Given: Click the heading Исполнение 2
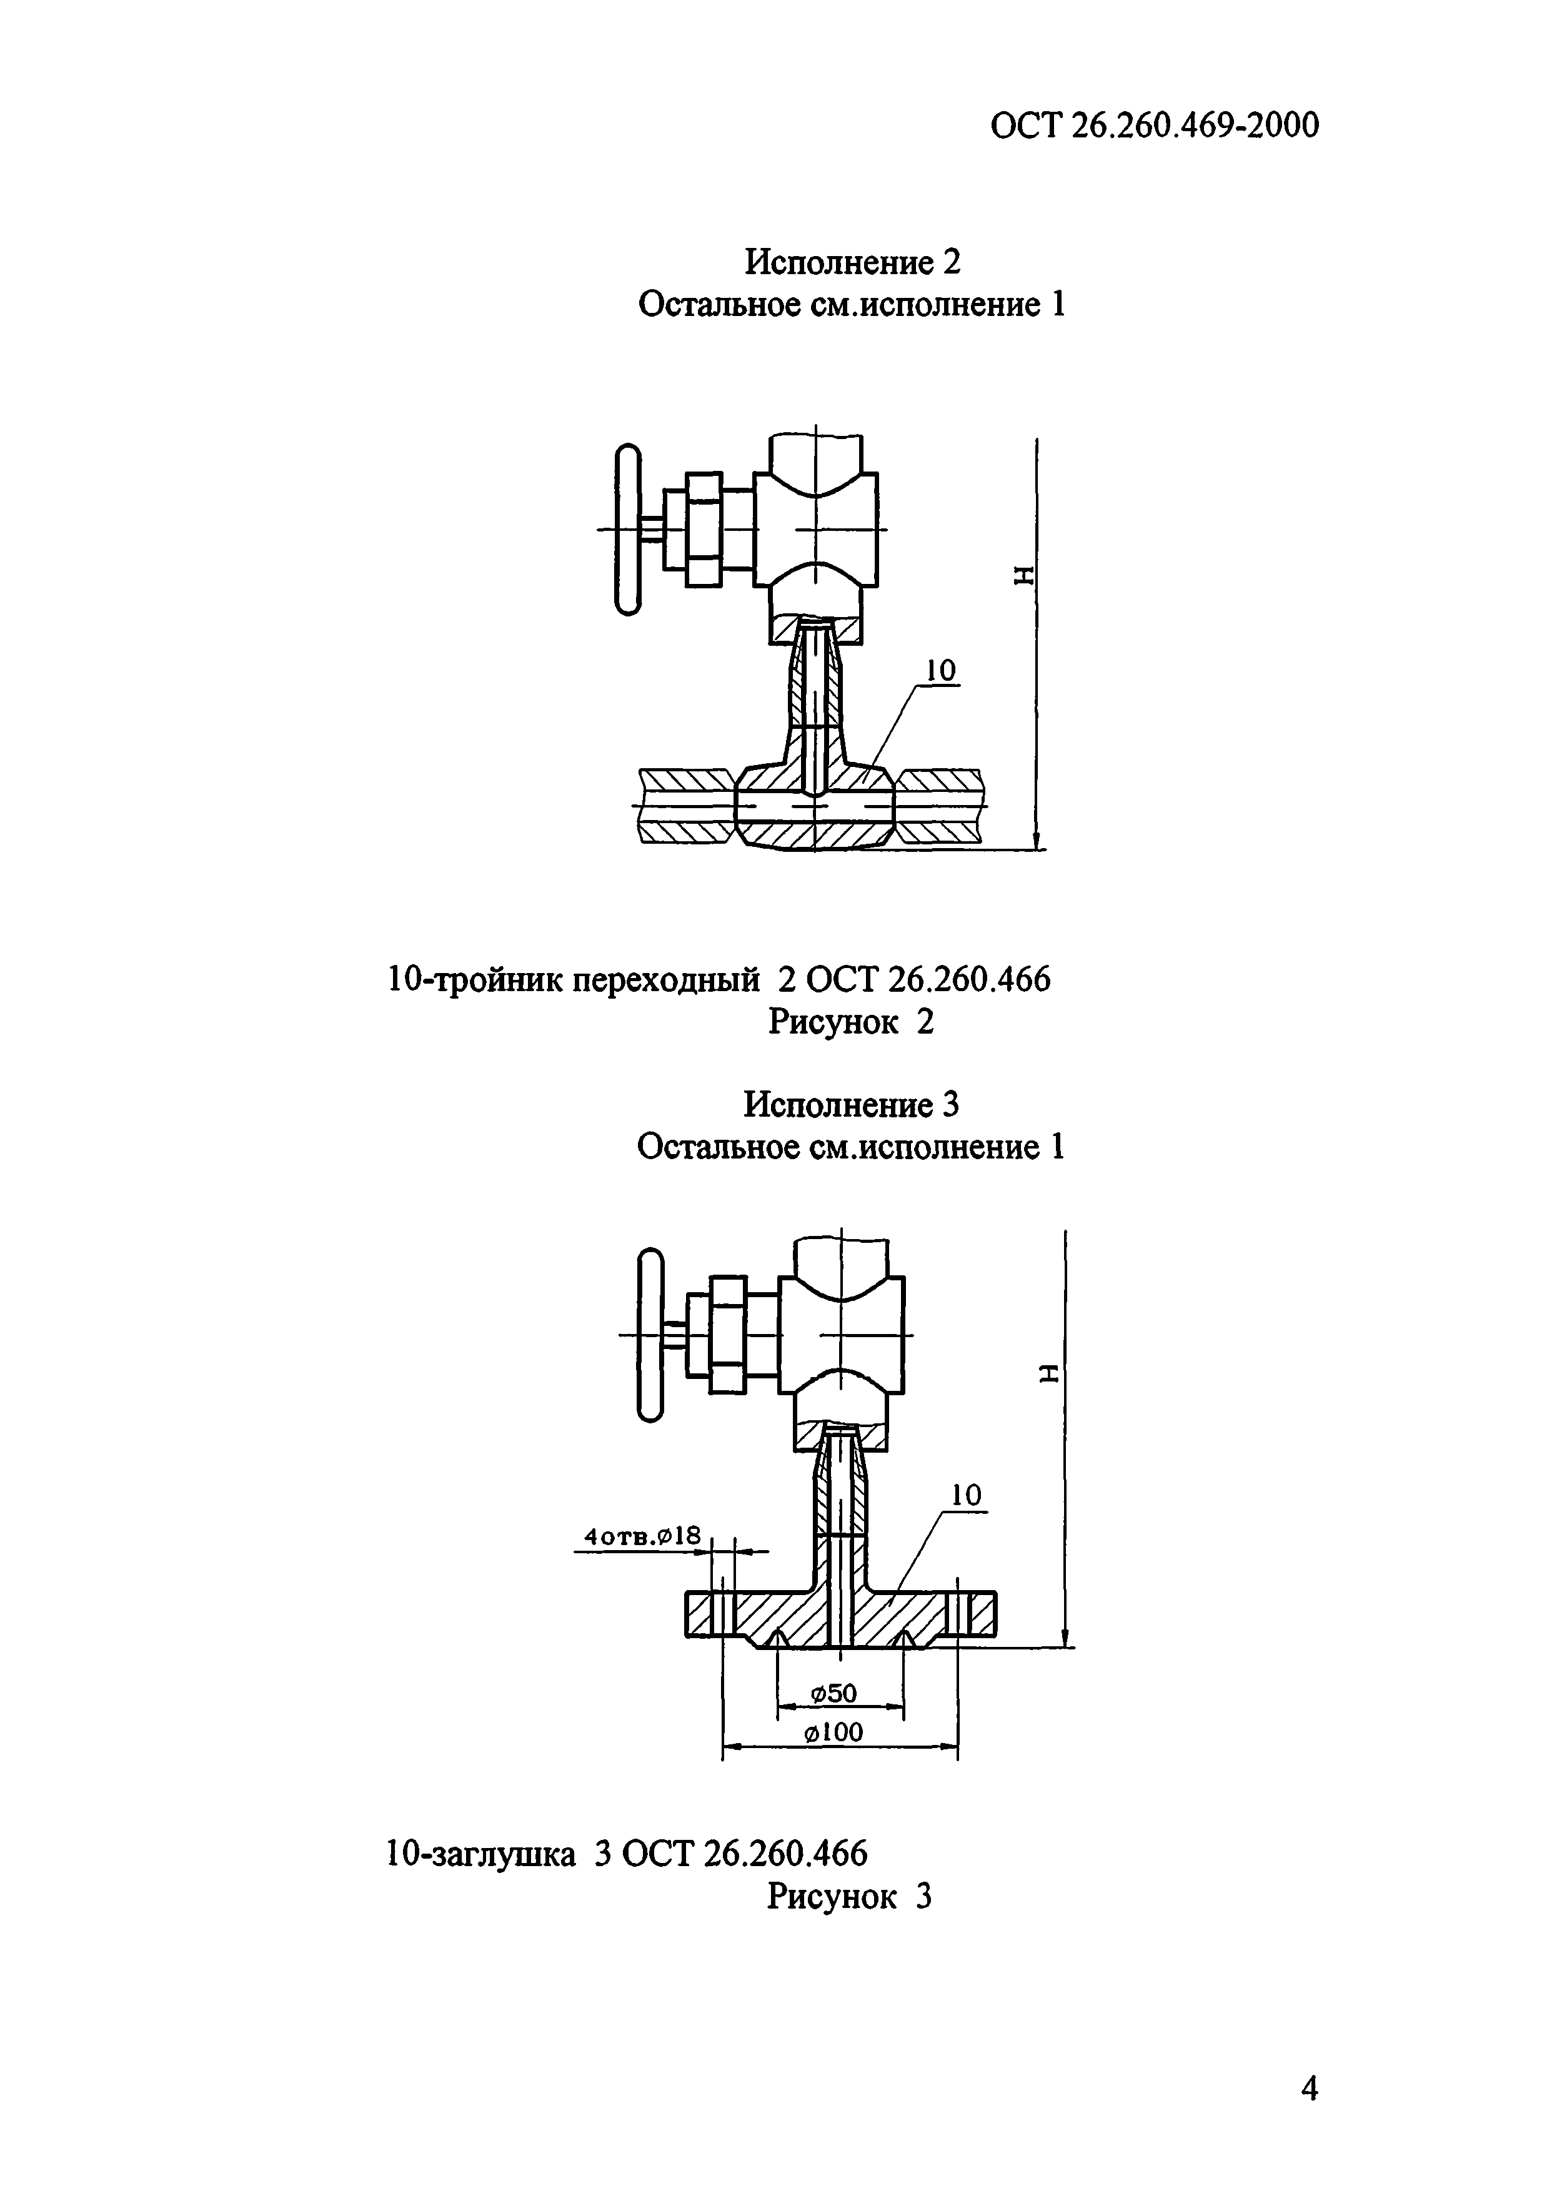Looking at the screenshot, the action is point(853,262).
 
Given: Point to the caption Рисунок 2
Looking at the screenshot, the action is point(850,1021).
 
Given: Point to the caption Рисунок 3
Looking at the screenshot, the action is point(849,1897).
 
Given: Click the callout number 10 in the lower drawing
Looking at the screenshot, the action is point(966,1495).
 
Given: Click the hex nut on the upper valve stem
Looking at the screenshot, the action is point(704,529).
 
